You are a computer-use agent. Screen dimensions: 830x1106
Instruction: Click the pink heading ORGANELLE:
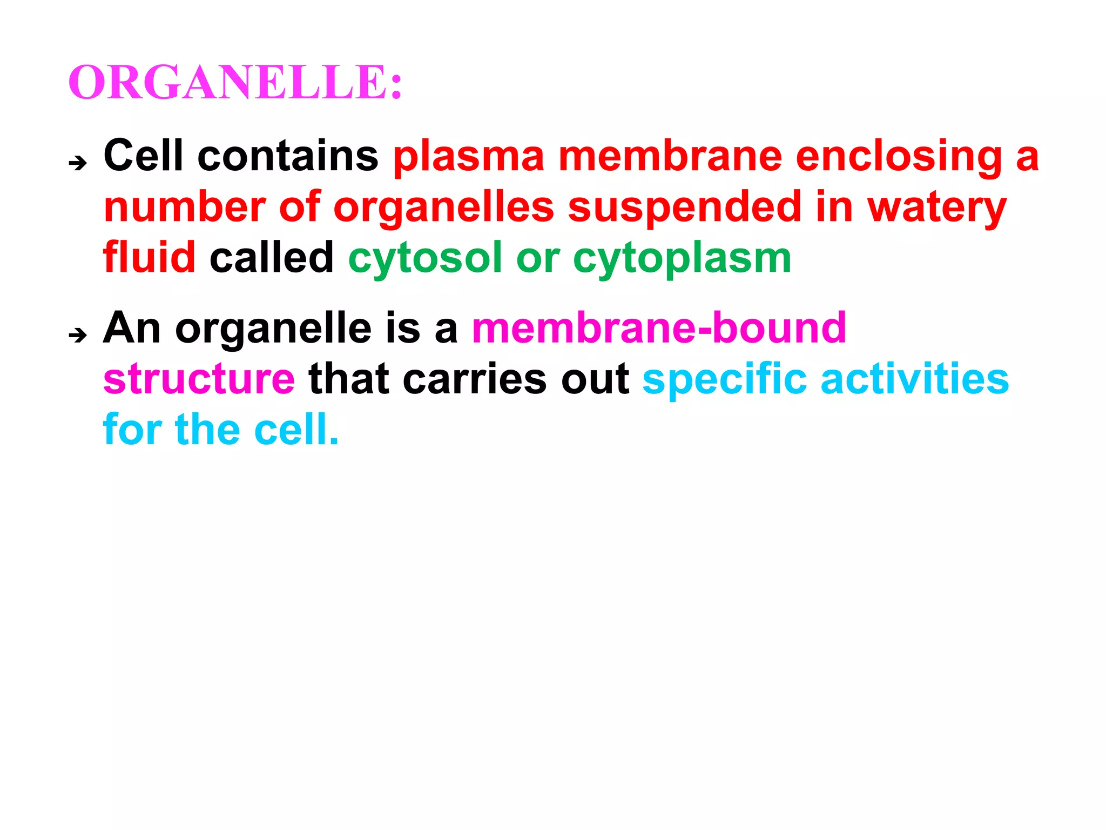pyautogui.click(x=235, y=83)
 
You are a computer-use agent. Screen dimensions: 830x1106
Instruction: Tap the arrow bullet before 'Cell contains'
pyautogui.click(x=78, y=162)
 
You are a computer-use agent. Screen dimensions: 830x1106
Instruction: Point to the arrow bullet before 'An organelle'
pyautogui.click(x=78, y=335)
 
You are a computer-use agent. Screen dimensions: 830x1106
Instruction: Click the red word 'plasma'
pyautogui.click(x=468, y=157)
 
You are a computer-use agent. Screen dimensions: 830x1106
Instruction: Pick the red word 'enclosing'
pyautogui.click(x=899, y=157)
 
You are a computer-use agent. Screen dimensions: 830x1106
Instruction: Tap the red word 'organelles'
pyautogui.click(x=443, y=207)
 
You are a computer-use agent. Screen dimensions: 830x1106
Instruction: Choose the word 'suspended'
pyautogui.click(x=684, y=207)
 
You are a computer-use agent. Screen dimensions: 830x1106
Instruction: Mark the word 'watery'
pyautogui.click(x=937, y=207)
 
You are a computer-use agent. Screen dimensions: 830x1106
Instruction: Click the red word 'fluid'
pyautogui.click(x=149, y=258)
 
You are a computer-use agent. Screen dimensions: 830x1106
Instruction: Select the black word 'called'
pyautogui.click(x=272, y=258)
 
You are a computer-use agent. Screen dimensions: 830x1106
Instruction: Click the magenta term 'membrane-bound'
pyautogui.click(x=659, y=328)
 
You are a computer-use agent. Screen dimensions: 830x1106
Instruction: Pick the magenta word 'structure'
pyautogui.click(x=199, y=379)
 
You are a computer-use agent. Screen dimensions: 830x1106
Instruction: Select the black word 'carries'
pyautogui.click(x=475, y=379)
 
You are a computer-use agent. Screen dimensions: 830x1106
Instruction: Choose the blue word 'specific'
pyautogui.click(x=724, y=380)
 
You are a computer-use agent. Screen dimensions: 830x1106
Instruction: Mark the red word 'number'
pyautogui.click(x=185, y=207)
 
